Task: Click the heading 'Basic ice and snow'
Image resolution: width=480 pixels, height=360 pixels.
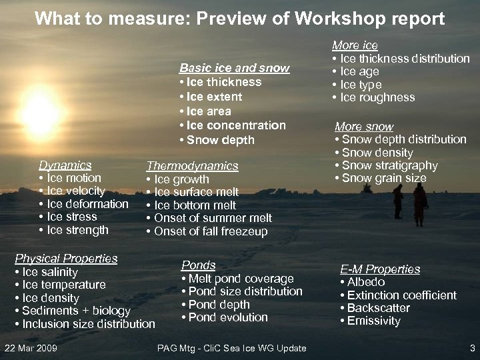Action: (x=234, y=68)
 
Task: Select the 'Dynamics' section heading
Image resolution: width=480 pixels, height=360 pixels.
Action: (x=65, y=165)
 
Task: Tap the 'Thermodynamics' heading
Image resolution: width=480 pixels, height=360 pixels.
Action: (x=192, y=166)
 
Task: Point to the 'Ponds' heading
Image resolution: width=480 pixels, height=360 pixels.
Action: (x=198, y=265)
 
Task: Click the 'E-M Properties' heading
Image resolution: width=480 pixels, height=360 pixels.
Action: (x=380, y=269)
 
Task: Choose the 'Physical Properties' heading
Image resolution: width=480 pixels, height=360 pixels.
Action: (x=66, y=259)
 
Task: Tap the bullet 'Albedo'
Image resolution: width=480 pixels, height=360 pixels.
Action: (x=365, y=282)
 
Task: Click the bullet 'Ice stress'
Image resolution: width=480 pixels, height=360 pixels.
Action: (x=71, y=217)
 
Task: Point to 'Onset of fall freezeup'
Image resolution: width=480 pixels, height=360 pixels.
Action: (x=210, y=231)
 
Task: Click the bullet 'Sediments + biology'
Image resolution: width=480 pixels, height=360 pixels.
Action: (x=75, y=311)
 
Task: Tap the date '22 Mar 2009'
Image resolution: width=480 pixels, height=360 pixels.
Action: (x=31, y=348)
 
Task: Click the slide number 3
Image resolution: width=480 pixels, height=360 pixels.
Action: (x=472, y=348)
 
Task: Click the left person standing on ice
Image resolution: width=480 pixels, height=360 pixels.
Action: (x=398, y=201)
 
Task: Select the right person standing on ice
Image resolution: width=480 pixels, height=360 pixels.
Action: (x=420, y=203)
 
